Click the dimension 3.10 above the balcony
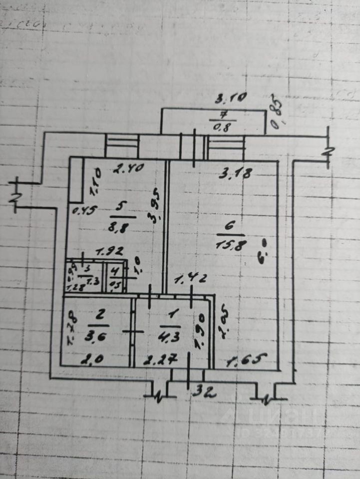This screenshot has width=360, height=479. click(x=230, y=99)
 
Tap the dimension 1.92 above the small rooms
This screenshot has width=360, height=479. click(x=106, y=253)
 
